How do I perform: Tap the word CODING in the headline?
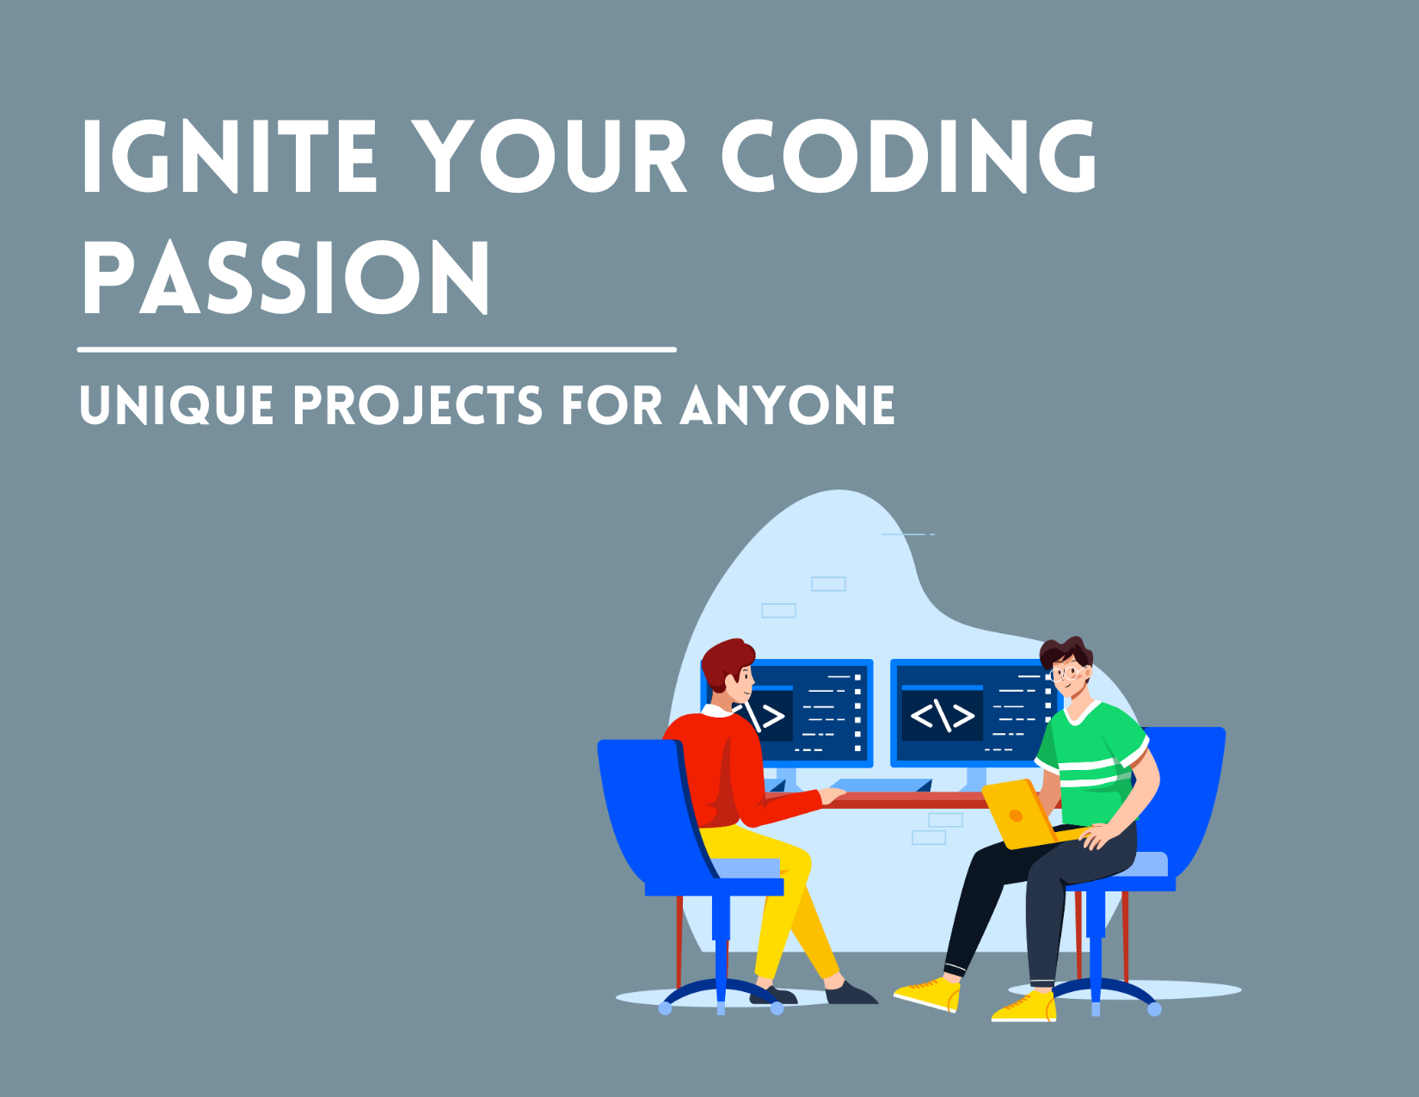point(909,157)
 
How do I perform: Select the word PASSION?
point(286,277)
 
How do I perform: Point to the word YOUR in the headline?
point(550,157)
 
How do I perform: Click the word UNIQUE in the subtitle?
point(176,405)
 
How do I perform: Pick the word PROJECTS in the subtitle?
point(418,405)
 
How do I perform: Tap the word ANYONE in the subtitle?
point(787,405)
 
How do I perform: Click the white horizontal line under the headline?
point(377,349)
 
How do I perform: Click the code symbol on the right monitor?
point(942,715)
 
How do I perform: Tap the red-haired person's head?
point(728,667)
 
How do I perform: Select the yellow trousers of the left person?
point(783,895)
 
